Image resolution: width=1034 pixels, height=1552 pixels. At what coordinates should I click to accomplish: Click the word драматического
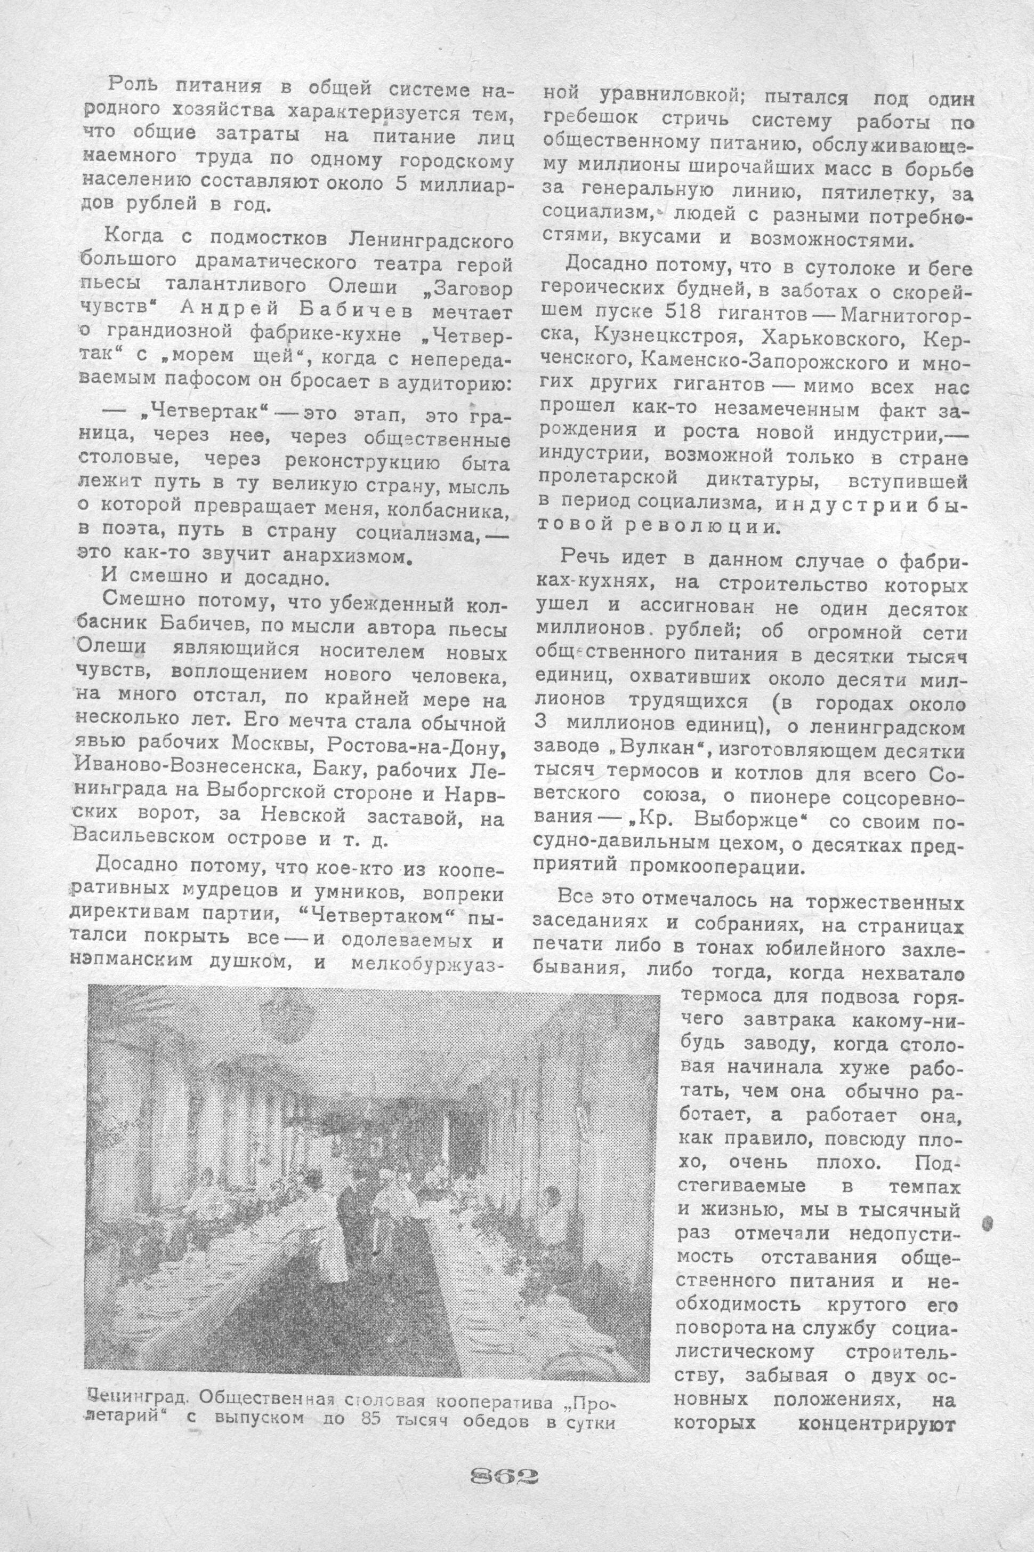coord(280,262)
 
